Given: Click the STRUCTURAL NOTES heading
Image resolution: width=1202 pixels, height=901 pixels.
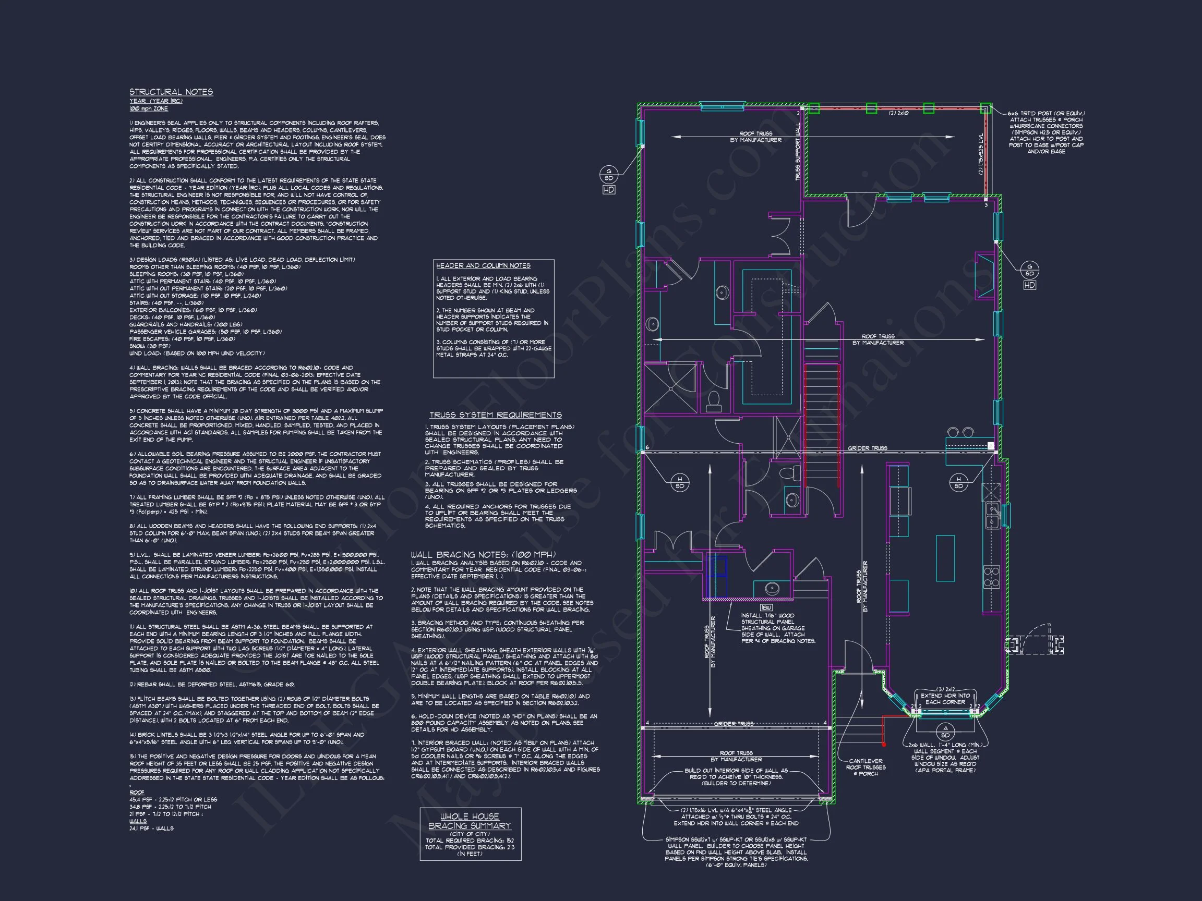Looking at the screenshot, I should pos(171,92).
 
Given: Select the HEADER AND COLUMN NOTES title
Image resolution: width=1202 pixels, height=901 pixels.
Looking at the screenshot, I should pos(483,265).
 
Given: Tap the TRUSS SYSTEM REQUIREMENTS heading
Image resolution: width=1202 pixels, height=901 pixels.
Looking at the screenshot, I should pos(495,415).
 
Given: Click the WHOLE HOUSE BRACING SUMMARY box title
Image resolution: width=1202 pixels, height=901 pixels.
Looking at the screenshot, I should pos(470,821).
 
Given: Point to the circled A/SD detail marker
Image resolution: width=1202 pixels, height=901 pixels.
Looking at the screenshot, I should pos(945,731).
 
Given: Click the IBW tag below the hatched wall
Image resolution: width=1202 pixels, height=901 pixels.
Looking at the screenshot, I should pos(767,607).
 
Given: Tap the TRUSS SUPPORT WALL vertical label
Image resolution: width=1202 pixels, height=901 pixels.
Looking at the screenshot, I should pos(798,151).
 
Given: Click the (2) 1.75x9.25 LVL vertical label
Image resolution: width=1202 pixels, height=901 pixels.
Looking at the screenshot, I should pos(981,154).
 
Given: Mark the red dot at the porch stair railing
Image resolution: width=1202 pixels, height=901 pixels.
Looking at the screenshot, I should pos(884,744).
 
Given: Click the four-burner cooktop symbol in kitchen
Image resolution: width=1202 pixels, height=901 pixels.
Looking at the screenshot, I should pos(992,577).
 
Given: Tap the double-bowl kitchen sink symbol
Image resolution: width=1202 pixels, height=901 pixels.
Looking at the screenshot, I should pos(992,515).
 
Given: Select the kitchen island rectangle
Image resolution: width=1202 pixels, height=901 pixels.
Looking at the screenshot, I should pos(945,558).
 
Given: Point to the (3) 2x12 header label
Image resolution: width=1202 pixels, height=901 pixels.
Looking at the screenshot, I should pos(945,689).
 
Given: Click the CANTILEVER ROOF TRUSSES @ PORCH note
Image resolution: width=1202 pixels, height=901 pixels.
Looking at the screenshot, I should pos(866,767).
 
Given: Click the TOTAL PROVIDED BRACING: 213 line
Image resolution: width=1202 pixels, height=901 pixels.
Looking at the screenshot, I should pos(470,847).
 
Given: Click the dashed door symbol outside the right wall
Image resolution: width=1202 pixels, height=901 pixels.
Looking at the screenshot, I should pos(1035,644).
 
